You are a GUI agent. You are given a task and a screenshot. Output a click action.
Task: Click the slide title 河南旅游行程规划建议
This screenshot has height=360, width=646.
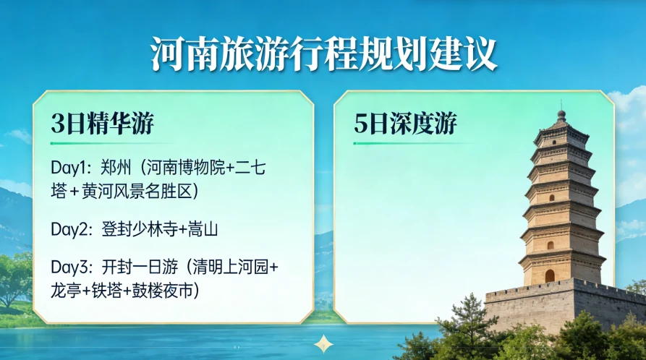pos(323,53)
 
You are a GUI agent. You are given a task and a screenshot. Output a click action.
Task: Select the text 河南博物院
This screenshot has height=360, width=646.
pos(180,168)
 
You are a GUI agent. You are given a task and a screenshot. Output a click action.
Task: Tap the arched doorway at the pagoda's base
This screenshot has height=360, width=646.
pos(550,275)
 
